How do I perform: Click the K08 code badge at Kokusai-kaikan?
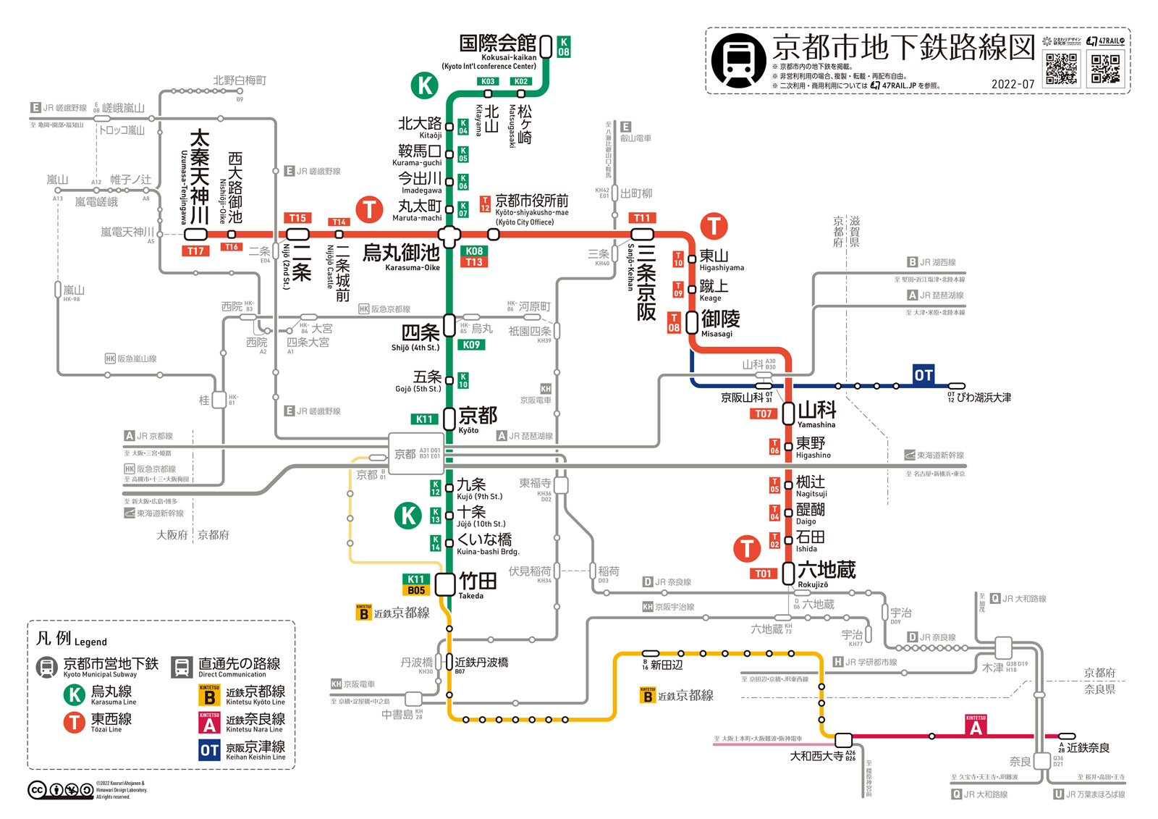click(563, 46)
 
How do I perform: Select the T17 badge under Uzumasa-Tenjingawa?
click(195, 251)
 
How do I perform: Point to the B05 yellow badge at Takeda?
click(416, 590)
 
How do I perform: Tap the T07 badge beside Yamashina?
click(764, 413)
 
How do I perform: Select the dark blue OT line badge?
click(923, 374)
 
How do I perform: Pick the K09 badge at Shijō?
click(471, 345)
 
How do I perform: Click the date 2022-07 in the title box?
click(1013, 84)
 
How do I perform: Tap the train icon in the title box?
click(738, 59)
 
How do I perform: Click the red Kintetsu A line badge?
click(976, 726)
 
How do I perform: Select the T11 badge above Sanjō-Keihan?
click(642, 218)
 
